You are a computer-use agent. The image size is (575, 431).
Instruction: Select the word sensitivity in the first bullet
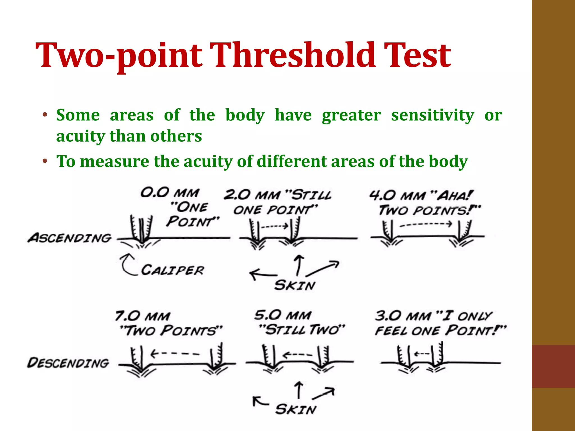(x=433, y=116)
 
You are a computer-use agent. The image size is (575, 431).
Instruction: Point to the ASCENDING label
(x=70, y=238)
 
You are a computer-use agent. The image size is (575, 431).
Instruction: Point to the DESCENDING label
(x=68, y=363)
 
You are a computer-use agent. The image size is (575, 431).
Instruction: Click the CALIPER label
(x=172, y=270)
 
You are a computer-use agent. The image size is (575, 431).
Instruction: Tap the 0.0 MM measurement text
(x=170, y=193)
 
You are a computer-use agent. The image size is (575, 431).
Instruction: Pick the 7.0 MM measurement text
(x=143, y=316)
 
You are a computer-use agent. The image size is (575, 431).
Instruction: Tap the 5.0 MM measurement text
(x=282, y=315)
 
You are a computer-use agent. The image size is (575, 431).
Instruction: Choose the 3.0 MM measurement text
(x=403, y=316)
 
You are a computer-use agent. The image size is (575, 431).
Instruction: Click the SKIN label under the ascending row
(x=295, y=285)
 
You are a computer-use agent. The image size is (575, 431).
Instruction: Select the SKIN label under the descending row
(x=296, y=410)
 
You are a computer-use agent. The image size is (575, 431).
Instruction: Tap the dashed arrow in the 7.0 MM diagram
(x=175, y=354)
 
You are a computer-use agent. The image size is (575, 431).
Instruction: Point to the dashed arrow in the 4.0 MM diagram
(x=426, y=224)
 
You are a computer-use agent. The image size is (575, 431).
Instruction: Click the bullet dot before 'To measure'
(x=45, y=162)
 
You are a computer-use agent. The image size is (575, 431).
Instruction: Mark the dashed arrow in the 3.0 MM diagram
(x=421, y=354)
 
